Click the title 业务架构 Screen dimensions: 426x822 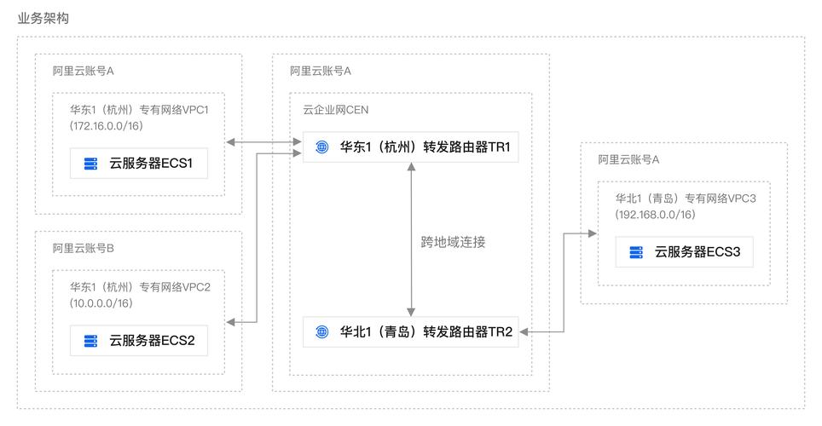(43, 18)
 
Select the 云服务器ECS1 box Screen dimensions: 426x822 (138, 164)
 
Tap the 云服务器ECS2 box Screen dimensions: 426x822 (138, 341)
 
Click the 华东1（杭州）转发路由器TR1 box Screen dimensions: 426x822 (411, 147)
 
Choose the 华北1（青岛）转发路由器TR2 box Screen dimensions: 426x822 (411, 331)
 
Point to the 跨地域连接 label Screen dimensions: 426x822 (453, 241)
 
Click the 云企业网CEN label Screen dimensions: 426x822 (336, 110)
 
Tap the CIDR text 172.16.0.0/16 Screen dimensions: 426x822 (107, 125)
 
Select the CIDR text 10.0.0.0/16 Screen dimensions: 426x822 (101, 302)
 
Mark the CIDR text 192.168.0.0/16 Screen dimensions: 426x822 (655, 214)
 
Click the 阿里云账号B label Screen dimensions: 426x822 (84, 248)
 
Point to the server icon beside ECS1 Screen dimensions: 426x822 (90, 164)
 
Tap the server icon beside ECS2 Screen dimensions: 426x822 (90, 341)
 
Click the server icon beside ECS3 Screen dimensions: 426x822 (635, 251)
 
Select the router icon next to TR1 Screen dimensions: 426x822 (321, 147)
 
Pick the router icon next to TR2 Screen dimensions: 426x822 (321, 331)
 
